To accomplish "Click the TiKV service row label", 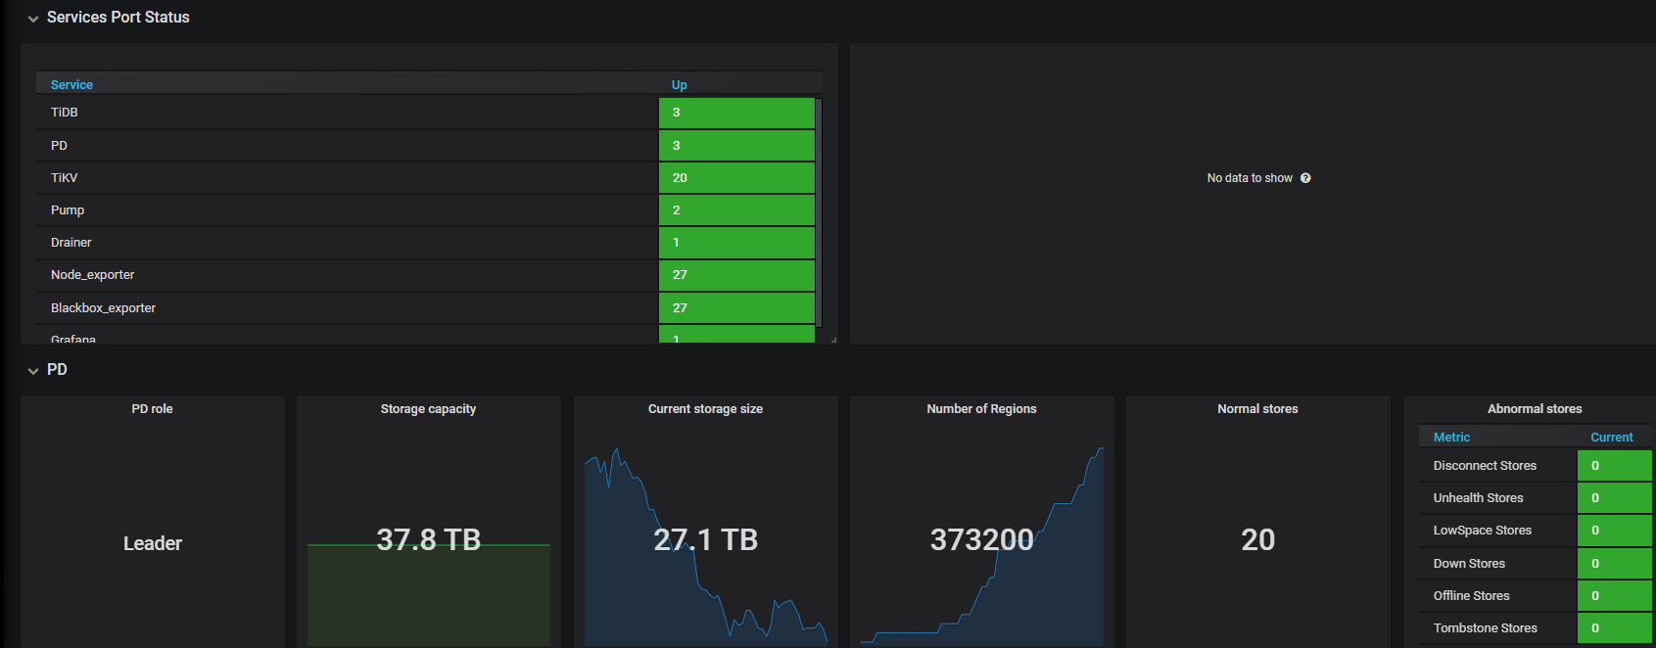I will [x=64, y=178].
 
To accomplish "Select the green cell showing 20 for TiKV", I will [x=736, y=178].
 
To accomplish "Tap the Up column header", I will [x=680, y=85].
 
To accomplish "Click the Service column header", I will [x=71, y=85].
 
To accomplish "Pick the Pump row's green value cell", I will [x=736, y=210].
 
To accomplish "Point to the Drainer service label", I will [x=71, y=243].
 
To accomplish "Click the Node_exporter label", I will [x=92, y=275].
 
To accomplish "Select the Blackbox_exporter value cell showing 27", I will [x=736, y=308].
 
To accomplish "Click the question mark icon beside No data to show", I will [x=1305, y=178].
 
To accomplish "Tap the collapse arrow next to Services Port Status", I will [x=33, y=19].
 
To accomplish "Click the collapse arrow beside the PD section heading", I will [x=33, y=371].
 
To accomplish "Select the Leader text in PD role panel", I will [x=153, y=543].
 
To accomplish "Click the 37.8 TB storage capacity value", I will [x=429, y=539].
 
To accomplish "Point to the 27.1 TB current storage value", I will [x=705, y=539].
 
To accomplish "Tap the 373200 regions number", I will [x=981, y=539].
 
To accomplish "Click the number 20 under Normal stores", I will [x=1257, y=539].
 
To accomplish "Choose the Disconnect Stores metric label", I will [x=1485, y=466].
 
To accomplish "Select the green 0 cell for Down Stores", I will [x=1614, y=564].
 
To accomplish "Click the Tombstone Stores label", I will [x=1485, y=628].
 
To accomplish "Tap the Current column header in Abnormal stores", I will [x=1611, y=438].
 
